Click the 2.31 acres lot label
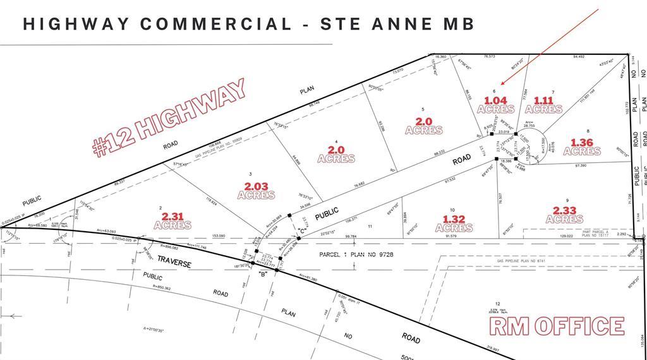172,220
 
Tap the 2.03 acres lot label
256,190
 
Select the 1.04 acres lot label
496,104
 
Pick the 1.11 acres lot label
543,104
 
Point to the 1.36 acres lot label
582,147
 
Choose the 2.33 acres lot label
564,214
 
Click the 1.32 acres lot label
454,223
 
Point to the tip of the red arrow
500,84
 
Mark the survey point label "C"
302,231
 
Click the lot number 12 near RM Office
498,304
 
